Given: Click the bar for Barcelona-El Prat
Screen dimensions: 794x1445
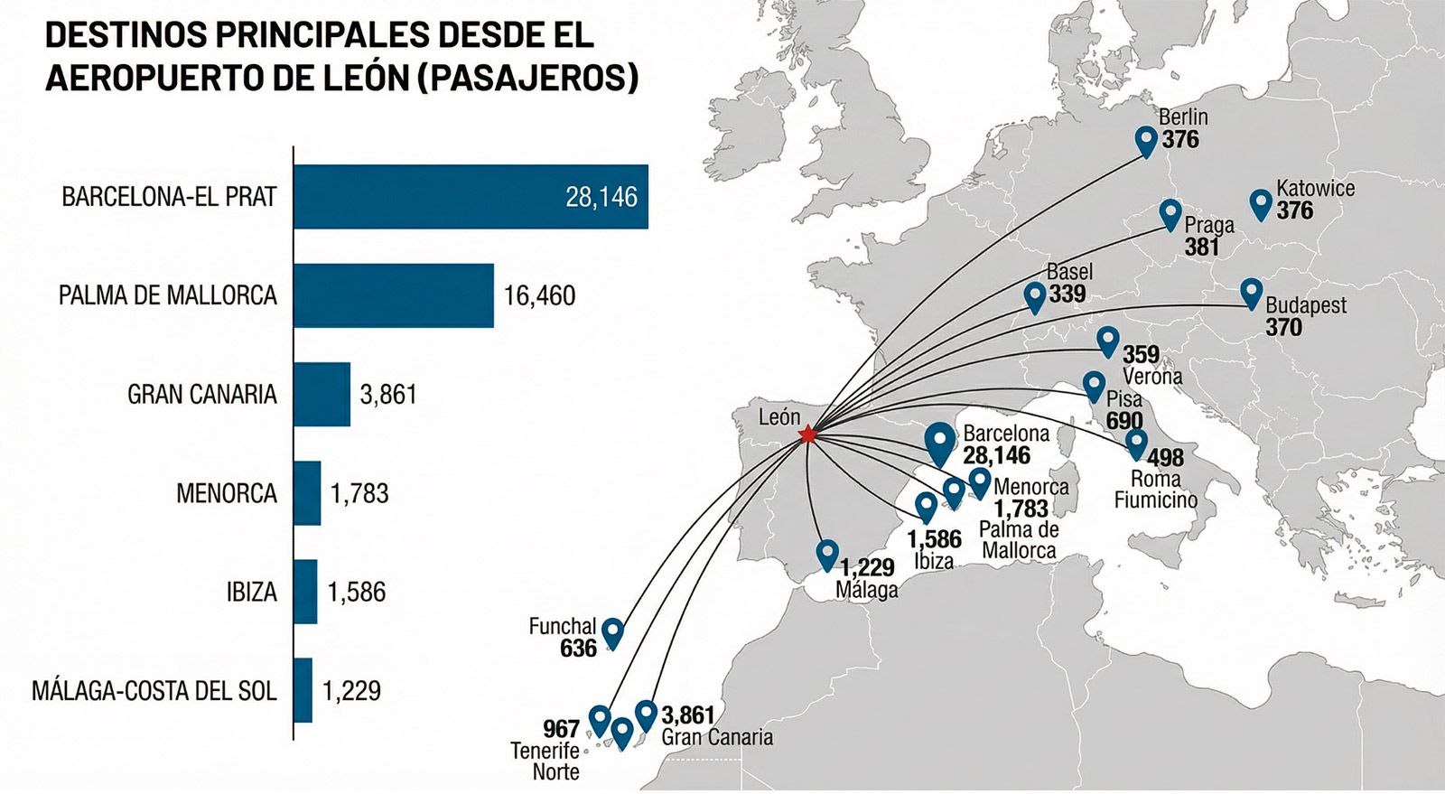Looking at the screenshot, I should tap(470, 196).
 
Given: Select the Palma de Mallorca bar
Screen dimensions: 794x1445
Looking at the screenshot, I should tap(393, 295).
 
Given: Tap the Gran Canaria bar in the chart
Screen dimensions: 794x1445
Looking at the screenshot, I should tap(322, 394).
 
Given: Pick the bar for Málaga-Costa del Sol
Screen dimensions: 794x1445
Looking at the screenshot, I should tap(303, 690).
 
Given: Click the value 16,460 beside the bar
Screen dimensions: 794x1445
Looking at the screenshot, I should tap(539, 296).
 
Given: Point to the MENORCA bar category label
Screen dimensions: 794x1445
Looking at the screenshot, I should tap(227, 493).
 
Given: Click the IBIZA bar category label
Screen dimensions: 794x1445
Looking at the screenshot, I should tap(251, 592).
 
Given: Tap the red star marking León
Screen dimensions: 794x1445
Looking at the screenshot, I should tap(807, 435).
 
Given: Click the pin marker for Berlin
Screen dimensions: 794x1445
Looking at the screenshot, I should tap(1146, 140).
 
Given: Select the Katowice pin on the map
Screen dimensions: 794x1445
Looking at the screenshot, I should tap(1261, 203).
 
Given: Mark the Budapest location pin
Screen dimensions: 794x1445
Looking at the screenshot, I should tap(1251, 292).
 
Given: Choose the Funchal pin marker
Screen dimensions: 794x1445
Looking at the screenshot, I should tap(612, 631).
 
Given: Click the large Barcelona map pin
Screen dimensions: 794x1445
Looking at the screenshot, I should tap(940, 443).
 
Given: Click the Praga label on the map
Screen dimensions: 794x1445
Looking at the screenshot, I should tap(1208, 225).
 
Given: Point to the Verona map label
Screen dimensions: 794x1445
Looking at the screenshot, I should tap(1151, 376).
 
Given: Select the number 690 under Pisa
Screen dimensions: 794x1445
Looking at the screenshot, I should tap(1124, 421).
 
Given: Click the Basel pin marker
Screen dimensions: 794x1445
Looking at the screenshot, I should tap(1035, 295).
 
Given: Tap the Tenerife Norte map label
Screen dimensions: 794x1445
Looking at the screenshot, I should tap(545, 761).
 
